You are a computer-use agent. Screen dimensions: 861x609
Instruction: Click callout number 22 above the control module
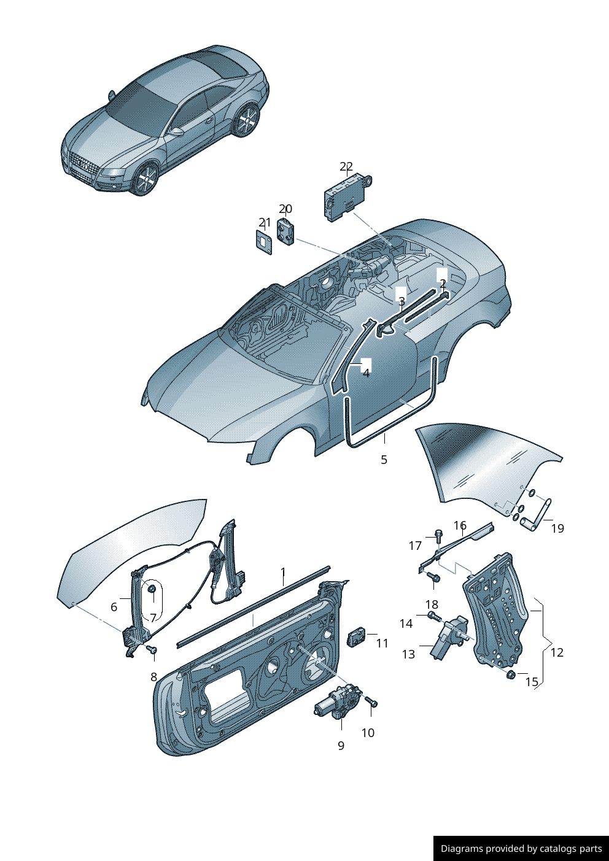346,167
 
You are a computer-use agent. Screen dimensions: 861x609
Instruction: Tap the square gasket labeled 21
264,242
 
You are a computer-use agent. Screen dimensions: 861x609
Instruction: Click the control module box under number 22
346,197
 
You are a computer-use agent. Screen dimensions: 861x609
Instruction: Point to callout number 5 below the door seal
384,460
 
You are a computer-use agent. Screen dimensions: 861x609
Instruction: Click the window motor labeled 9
337,702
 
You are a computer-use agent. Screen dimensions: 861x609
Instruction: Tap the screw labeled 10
371,703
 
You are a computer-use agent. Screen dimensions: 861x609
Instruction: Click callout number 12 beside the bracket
557,652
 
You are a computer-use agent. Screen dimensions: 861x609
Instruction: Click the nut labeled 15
510,675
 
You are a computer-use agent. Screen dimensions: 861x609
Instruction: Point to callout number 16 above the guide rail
460,525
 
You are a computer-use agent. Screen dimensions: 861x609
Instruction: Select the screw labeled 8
153,650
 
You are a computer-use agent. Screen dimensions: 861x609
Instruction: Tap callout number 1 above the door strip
283,573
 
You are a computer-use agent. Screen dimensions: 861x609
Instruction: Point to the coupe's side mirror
177,131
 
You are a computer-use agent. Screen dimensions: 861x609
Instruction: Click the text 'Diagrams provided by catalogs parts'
521,849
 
